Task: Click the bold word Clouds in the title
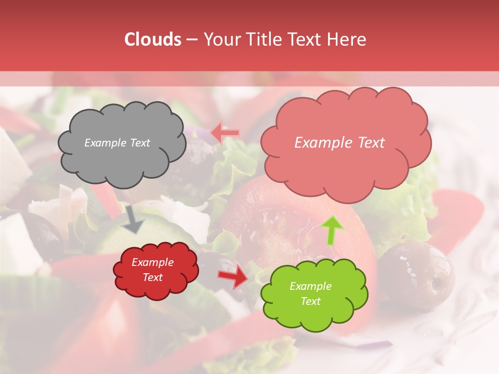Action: (x=153, y=39)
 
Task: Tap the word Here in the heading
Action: (x=347, y=39)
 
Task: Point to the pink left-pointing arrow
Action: (x=225, y=133)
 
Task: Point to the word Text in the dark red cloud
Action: (x=153, y=277)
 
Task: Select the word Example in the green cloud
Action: (x=310, y=286)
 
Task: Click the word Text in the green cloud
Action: (x=310, y=301)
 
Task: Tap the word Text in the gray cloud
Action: (x=140, y=143)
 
